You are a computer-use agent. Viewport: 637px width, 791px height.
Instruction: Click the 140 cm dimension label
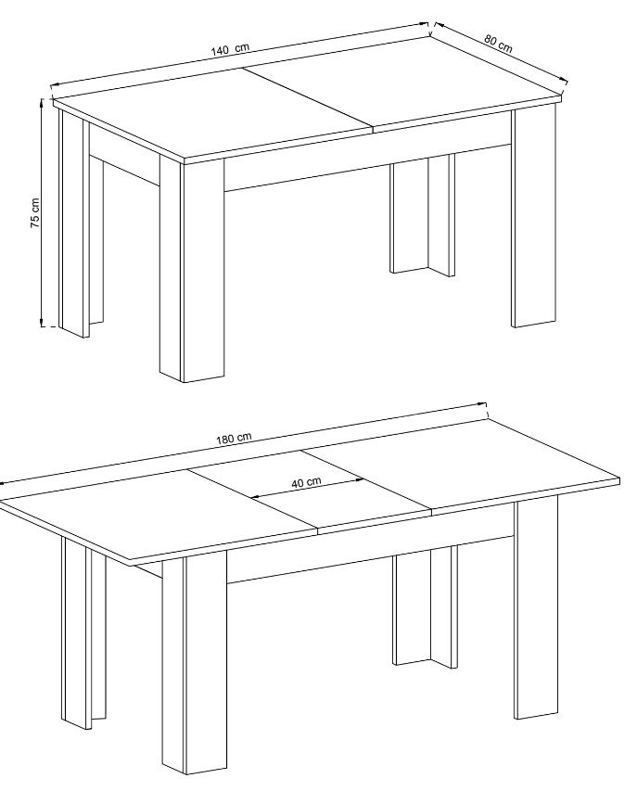click(230, 49)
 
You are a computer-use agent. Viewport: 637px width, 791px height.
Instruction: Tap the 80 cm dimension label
click(498, 44)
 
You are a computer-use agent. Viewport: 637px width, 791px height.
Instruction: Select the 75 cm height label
click(35, 212)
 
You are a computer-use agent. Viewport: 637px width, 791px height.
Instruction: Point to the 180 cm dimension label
click(234, 438)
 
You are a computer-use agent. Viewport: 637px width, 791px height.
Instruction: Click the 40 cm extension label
click(306, 482)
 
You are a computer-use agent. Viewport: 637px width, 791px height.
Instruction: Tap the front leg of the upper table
click(192, 267)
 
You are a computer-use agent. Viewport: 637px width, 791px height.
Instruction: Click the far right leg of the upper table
click(533, 217)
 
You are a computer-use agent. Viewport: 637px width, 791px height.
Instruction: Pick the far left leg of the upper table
click(81, 222)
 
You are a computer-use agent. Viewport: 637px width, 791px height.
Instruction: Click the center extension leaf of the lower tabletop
click(309, 491)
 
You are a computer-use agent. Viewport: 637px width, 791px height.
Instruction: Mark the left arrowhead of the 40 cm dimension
click(254, 497)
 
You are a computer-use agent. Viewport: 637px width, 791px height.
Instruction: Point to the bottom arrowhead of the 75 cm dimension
click(43, 323)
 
